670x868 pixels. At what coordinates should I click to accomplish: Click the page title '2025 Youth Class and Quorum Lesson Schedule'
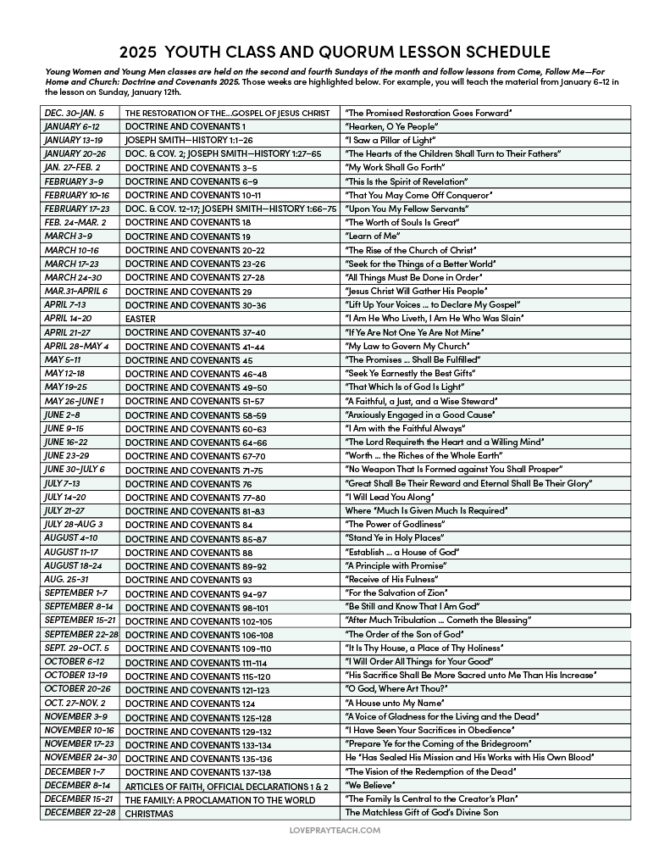tap(335, 52)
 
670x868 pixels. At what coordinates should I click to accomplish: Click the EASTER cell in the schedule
tap(141, 319)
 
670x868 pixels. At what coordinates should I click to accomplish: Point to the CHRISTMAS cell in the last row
tap(149, 813)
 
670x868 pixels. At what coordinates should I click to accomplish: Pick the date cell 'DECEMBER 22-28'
tap(80, 813)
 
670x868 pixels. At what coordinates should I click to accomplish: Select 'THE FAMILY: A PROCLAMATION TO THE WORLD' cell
tap(220, 799)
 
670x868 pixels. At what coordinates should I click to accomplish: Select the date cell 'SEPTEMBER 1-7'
tap(76, 593)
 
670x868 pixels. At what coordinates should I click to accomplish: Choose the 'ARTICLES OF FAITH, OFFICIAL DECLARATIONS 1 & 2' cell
tap(226, 786)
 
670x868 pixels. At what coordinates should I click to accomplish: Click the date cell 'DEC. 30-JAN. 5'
tap(75, 113)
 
